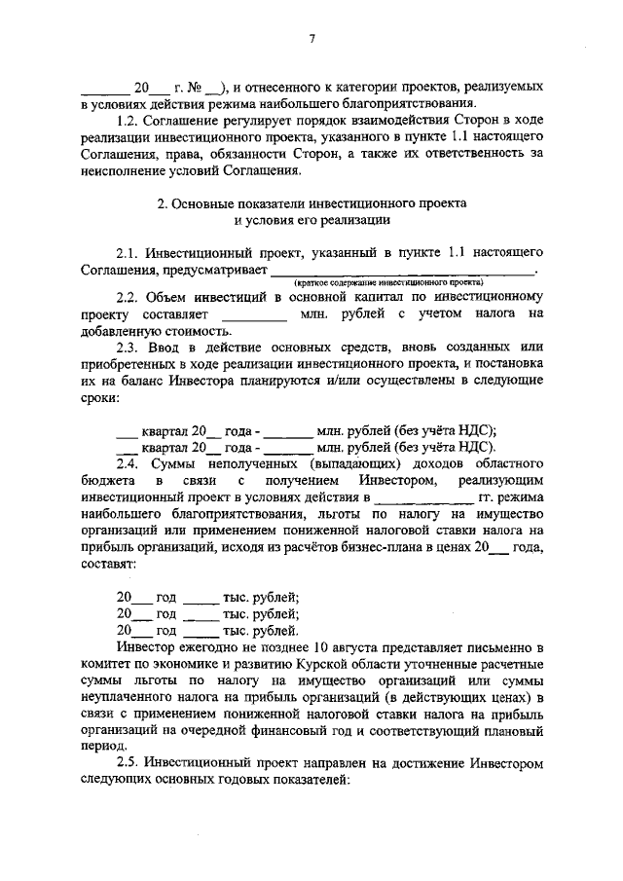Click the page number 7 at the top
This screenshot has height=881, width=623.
(x=312, y=39)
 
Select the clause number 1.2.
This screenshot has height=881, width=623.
(x=128, y=120)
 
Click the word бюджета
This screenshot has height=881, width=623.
(x=108, y=482)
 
